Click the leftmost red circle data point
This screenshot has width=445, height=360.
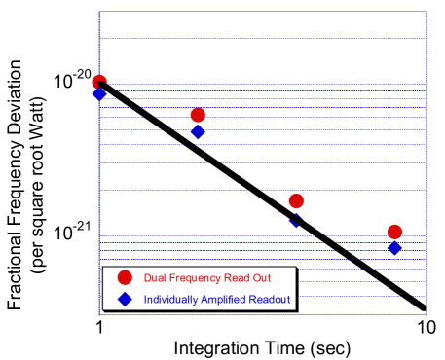99,83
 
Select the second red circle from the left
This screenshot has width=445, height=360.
198,116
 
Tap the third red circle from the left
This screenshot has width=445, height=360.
296,201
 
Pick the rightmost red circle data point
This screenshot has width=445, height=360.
394,232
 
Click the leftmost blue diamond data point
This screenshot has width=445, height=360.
99,94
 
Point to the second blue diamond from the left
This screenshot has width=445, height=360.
198,131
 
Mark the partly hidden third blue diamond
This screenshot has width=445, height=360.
295,219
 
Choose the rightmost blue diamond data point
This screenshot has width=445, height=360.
394,249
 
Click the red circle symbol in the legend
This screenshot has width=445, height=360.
125,278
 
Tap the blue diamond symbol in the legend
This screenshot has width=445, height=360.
125,299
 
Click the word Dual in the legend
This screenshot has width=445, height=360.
155,278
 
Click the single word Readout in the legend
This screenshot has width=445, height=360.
271,299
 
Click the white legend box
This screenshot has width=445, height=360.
199,288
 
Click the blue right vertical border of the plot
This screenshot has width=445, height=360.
426,146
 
